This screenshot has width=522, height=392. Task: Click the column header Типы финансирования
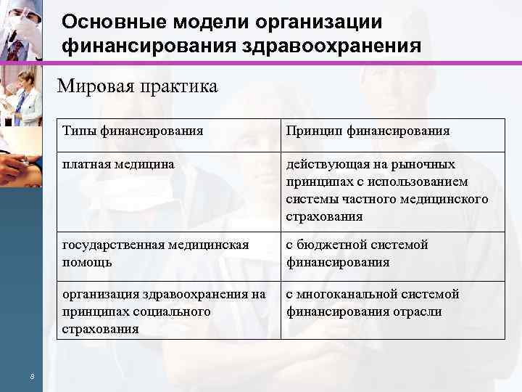tap(133, 131)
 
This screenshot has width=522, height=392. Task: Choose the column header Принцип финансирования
tap(368, 131)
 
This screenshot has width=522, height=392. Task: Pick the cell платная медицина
tap(118, 165)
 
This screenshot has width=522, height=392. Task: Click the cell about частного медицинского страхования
tap(387, 190)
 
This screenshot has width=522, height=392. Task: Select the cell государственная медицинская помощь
tap(155, 253)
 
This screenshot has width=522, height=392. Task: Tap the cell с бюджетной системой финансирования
tap(357, 253)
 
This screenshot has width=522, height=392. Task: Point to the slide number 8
tap(32, 375)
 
